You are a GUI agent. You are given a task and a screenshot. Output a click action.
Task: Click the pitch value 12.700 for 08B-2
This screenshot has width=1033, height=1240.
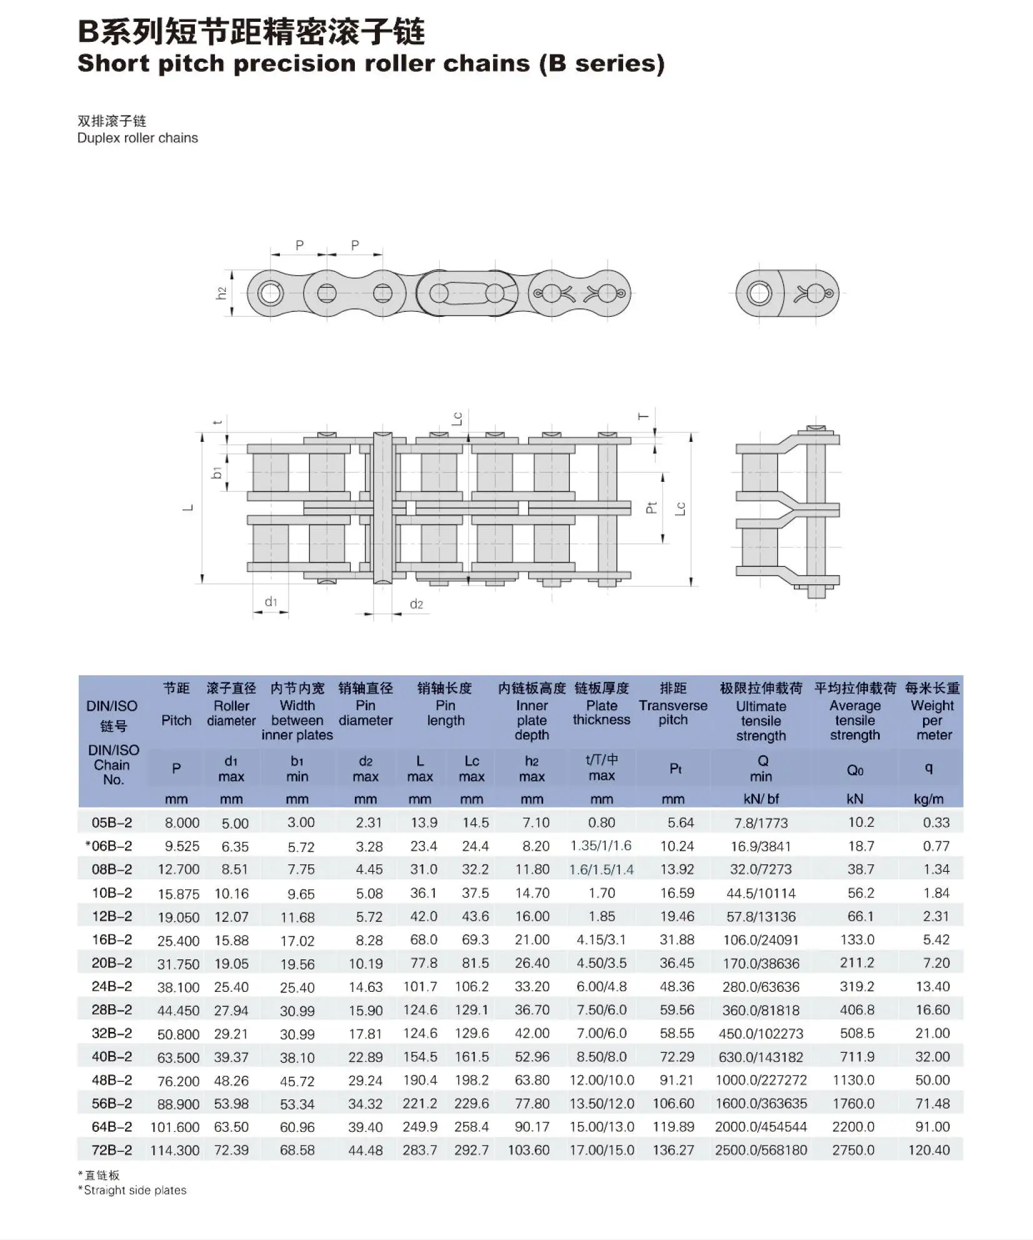[x=178, y=869]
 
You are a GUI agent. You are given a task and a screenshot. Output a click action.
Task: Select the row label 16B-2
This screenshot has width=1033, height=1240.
[x=112, y=939]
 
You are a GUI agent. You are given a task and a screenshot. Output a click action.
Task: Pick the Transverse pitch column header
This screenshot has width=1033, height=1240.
[x=672, y=712]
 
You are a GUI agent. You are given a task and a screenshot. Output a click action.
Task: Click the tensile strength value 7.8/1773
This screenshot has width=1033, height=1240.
[x=761, y=823]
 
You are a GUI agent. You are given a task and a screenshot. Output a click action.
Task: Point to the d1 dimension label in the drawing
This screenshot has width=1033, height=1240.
[x=271, y=602]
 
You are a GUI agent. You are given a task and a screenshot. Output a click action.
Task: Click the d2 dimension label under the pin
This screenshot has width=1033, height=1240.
[x=416, y=604]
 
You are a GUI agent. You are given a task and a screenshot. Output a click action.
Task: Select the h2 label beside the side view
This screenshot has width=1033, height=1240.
[x=221, y=293]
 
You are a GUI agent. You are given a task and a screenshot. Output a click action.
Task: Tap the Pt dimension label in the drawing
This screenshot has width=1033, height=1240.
[x=652, y=507]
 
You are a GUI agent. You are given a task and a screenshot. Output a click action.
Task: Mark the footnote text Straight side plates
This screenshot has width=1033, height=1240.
[x=135, y=1190]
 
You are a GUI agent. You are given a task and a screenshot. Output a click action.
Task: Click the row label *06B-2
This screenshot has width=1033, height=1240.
[x=109, y=846]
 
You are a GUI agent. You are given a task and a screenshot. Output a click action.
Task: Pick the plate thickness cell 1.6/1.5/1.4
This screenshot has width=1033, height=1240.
[x=601, y=869]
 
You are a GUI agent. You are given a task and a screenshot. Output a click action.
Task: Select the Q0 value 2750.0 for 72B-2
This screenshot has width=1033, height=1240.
[x=853, y=1150]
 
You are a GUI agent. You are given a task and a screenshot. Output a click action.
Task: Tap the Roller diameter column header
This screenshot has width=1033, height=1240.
[x=231, y=712]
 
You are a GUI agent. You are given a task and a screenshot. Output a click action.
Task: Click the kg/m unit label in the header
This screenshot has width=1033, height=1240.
[x=929, y=799]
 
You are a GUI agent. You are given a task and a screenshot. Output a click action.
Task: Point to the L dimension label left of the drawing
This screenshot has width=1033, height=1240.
[x=187, y=507]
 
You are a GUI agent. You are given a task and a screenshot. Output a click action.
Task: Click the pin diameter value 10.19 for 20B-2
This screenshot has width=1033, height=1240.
[x=366, y=963]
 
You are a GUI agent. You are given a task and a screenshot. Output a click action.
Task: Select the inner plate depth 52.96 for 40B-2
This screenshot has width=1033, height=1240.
[x=532, y=1057]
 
